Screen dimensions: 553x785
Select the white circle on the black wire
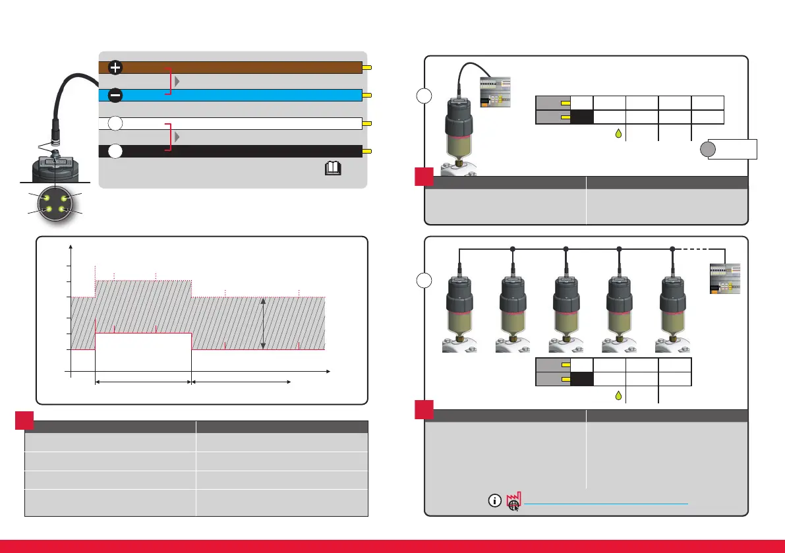[x=115, y=151]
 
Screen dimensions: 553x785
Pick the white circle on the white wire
[x=115, y=123]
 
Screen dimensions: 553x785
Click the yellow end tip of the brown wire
[x=368, y=67]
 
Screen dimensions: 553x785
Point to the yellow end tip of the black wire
[x=368, y=151]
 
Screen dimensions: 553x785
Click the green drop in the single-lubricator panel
[x=618, y=134]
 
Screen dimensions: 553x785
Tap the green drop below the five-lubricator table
[x=618, y=396]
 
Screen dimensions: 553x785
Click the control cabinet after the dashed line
[x=724, y=279]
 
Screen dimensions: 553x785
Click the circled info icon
[x=494, y=500]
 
